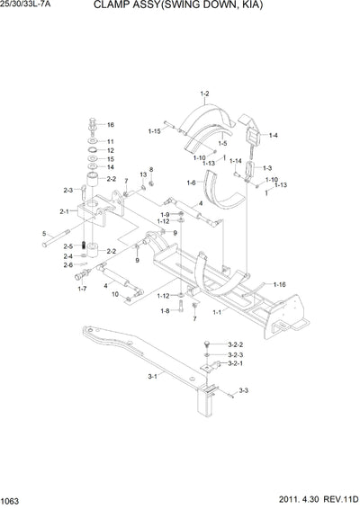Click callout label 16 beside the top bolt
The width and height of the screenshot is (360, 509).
click(110, 124)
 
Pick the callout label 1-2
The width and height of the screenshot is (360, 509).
click(204, 94)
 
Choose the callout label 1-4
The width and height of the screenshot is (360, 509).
click(273, 135)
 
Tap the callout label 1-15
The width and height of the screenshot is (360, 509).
click(154, 131)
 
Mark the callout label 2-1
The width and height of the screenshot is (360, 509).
click(65, 211)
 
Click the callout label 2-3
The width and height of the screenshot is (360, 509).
click(67, 190)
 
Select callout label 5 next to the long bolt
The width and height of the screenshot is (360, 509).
click(43, 235)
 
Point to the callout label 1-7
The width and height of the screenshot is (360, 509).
click(82, 289)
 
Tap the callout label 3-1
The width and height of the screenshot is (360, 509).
click(152, 378)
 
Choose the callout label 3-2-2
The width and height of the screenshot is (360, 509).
click(236, 344)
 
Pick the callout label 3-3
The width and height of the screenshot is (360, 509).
click(243, 391)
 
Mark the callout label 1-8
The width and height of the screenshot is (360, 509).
click(165, 311)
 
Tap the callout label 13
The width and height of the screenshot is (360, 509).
click(142, 174)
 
